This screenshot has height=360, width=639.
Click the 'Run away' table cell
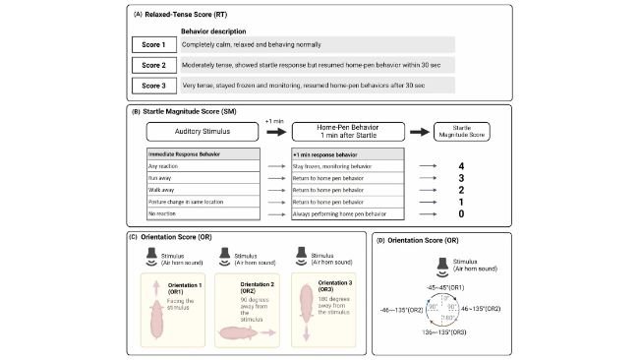202,178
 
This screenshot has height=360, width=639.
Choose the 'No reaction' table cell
202,212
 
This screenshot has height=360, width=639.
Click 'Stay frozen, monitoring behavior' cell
348,167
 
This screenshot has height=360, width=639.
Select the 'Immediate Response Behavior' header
202,155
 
